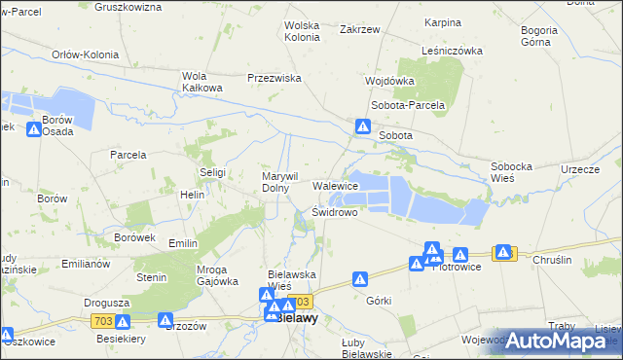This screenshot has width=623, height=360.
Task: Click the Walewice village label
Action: click(x=335, y=186)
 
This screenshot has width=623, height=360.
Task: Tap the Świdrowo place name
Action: click(x=335, y=211)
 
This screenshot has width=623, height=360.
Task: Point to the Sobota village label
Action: click(x=395, y=135)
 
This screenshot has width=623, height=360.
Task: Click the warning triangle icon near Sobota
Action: click(x=362, y=126)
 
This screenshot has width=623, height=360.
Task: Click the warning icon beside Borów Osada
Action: click(x=34, y=129)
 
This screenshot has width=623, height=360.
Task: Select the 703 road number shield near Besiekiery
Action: click(x=101, y=320)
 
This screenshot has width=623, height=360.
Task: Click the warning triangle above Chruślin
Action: click(x=503, y=252)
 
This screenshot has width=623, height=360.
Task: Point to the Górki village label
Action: click(x=379, y=301)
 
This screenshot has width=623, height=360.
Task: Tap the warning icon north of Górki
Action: click(x=359, y=279)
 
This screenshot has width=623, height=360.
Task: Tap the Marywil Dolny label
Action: click(x=278, y=182)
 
